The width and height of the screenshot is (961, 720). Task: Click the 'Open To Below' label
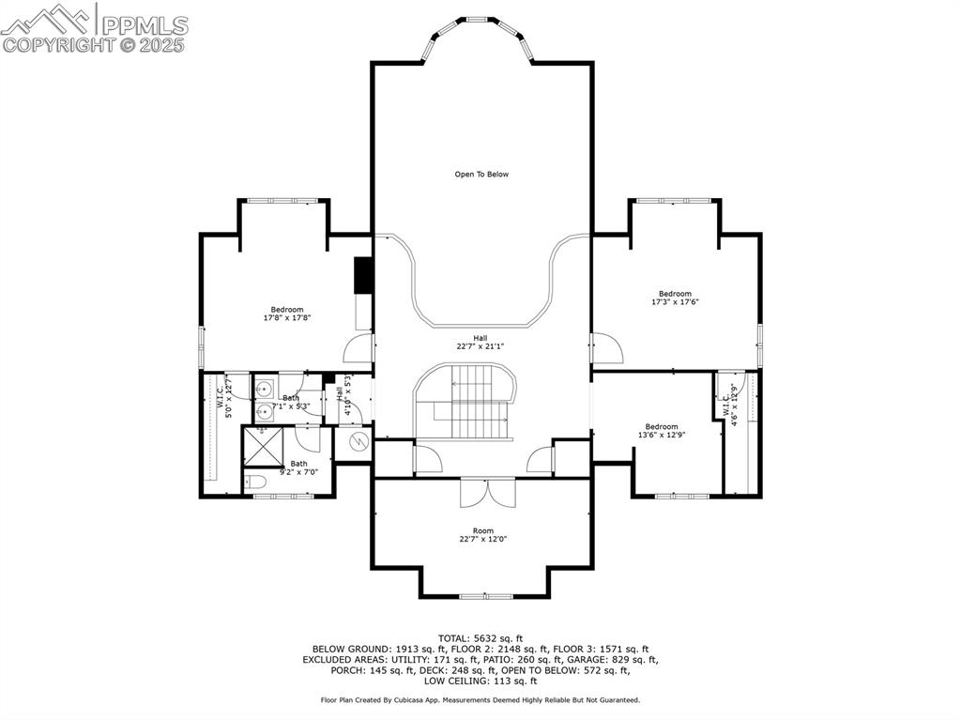(x=481, y=174)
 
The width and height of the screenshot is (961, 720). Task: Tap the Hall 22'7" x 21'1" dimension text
(x=480, y=342)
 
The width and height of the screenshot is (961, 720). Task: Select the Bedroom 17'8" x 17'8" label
(x=287, y=314)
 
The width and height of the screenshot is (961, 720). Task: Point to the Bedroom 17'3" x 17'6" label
(x=674, y=298)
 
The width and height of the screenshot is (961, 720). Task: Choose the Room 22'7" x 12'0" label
(x=482, y=534)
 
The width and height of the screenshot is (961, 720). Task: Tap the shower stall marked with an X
(x=263, y=446)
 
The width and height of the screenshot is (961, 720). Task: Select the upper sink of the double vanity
(x=265, y=388)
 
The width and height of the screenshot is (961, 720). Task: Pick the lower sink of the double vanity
(x=265, y=409)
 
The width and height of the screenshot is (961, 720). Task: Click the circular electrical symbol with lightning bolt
(x=356, y=440)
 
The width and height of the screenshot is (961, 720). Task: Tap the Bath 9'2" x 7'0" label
(x=298, y=467)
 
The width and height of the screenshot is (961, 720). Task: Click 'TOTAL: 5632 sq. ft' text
(x=480, y=638)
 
